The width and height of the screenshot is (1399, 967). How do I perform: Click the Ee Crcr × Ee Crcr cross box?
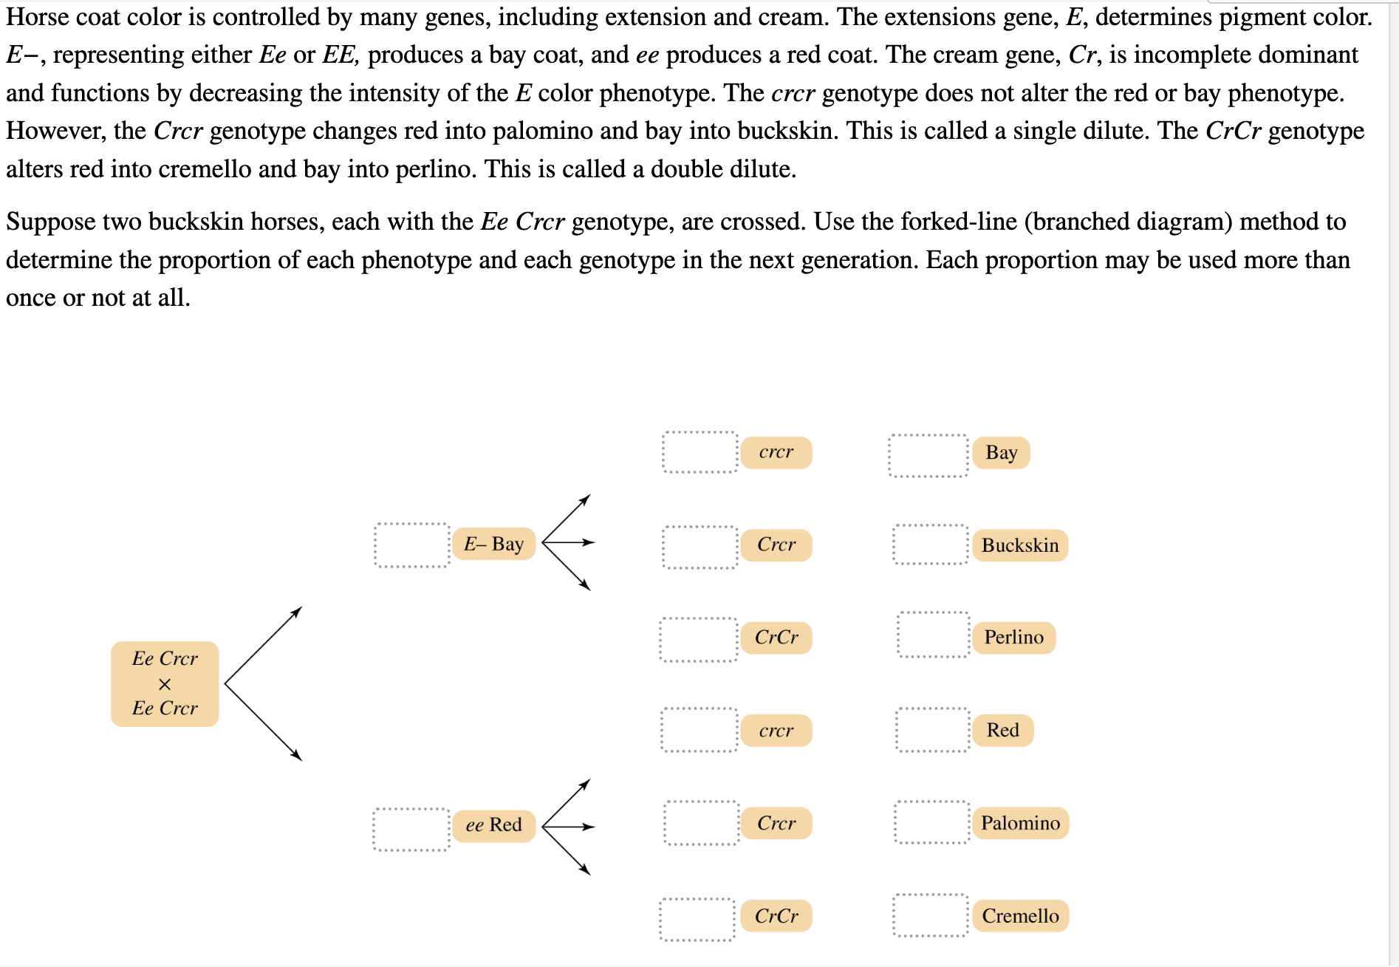pyautogui.click(x=165, y=683)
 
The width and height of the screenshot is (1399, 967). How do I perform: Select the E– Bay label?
pyautogui.click(x=493, y=544)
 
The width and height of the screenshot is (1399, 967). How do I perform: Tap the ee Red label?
pyautogui.click(x=493, y=824)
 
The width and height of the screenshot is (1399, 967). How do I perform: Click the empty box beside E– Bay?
pyautogui.click(x=412, y=545)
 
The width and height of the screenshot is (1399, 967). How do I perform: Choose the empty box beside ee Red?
pyautogui.click(x=411, y=830)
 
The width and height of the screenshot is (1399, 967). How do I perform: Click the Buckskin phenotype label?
pyautogui.click(x=1020, y=545)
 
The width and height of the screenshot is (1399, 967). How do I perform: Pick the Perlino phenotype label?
pyautogui.click(x=1013, y=638)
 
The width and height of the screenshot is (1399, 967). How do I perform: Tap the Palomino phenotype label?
pyautogui.click(x=1020, y=823)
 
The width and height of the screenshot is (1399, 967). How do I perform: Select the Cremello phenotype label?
pyautogui.click(x=1020, y=916)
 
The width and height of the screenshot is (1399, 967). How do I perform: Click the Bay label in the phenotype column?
pyautogui.click(x=1001, y=452)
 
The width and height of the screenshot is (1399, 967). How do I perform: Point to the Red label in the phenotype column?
pyautogui.click(x=1002, y=730)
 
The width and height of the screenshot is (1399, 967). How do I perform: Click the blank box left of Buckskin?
pyautogui.click(x=930, y=544)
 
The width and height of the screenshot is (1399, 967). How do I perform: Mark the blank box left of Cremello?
pyautogui.click(x=930, y=915)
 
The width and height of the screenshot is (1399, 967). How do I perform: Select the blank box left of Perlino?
pyautogui.click(x=934, y=635)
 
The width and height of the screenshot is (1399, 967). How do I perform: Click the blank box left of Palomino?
pyautogui.click(x=931, y=822)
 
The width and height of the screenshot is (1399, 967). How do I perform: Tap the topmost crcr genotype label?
pyautogui.click(x=776, y=452)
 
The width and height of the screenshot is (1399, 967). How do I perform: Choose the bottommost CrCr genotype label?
pyautogui.click(x=776, y=916)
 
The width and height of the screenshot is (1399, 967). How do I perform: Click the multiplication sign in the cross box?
pyautogui.click(x=165, y=684)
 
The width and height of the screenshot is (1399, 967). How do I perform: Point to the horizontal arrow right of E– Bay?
pyautogui.click(x=569, y=542)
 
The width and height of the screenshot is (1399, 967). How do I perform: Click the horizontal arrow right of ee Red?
pyautogui.click(x=569, y=827)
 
